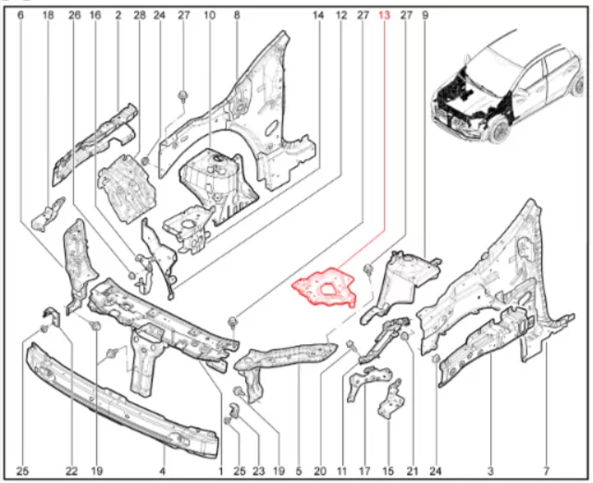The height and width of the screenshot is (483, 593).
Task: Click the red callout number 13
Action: tap(384, 16)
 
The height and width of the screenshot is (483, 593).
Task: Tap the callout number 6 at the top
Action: tap(20, 16)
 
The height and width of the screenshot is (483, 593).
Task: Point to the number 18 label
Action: tap(48, 16)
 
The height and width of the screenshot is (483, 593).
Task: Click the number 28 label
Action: tap(139, 16)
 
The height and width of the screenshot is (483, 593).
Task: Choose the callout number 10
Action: tap(209, 16)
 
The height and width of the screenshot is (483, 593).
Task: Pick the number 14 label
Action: tap(318, 16)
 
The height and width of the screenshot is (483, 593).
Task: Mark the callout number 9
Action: tap(425, 16)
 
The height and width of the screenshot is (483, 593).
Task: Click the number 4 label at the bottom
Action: tap(162, 471)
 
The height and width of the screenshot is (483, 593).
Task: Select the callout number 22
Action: tap(71, 471)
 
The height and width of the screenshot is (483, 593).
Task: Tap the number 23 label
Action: tap(259, 471)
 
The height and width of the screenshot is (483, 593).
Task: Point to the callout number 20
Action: tap(320, 471)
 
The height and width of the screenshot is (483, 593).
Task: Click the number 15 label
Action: tap(388, 471)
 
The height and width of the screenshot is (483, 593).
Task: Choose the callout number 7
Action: tap(546, 471)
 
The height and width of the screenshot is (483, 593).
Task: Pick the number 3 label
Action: tap(490, 471)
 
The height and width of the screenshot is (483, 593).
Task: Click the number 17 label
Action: tap(364, 471)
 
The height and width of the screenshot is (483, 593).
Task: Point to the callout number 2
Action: tap(118, 16)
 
